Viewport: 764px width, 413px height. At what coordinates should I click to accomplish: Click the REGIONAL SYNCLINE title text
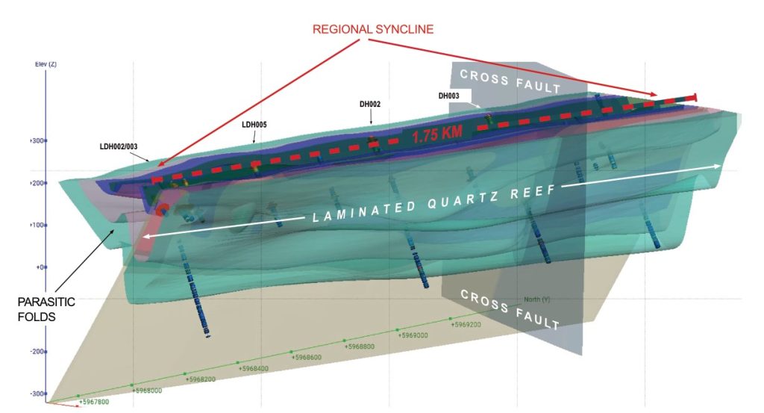pyautogui.click(x=373, y=29)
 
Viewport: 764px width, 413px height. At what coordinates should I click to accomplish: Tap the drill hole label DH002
pyautogui.click(x=370, y=104)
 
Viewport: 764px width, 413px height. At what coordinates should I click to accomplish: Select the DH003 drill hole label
pyautogui.click(x=448, y=96)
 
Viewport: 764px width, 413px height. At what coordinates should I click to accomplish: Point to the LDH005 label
pyautogui.click(x=254, y=125)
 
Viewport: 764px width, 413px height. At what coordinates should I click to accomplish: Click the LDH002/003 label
pyautogui.click(x=119, y=146)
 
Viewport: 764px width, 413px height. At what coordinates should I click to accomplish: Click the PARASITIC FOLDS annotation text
pyautogui.click(x=46, y=309)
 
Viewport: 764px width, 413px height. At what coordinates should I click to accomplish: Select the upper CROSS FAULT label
pyautogui.click(x=510, y=81)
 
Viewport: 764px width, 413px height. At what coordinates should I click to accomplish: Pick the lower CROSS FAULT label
pyautogui.click(x=510, y=309)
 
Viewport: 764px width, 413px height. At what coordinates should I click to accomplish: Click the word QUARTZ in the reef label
pyautogui.click(x=463, y=200)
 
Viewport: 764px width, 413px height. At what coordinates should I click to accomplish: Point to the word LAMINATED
pyautogui.click(x=364, y=211)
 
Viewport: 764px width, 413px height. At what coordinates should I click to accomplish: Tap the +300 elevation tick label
pyautogui.click(x=37, y=141)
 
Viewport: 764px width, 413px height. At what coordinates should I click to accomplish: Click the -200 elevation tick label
pyautogui.click(x=37, y=352)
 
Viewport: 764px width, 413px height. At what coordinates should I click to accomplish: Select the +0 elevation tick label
pyautogui.click(x=40, y=267)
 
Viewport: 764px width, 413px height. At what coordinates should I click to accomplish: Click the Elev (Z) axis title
pyautogui.click(x=46, y=64)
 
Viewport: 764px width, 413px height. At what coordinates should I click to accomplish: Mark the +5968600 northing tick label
pyautogui.click(x=307, y=358)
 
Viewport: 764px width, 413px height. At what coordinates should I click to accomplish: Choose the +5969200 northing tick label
pyautogui.click(x=466, y=325)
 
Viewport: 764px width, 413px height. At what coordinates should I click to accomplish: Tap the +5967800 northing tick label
pyautogui.click(x=94, y=403)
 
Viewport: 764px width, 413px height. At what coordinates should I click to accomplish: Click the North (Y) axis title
pyautogui.click(x=537, y=299)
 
